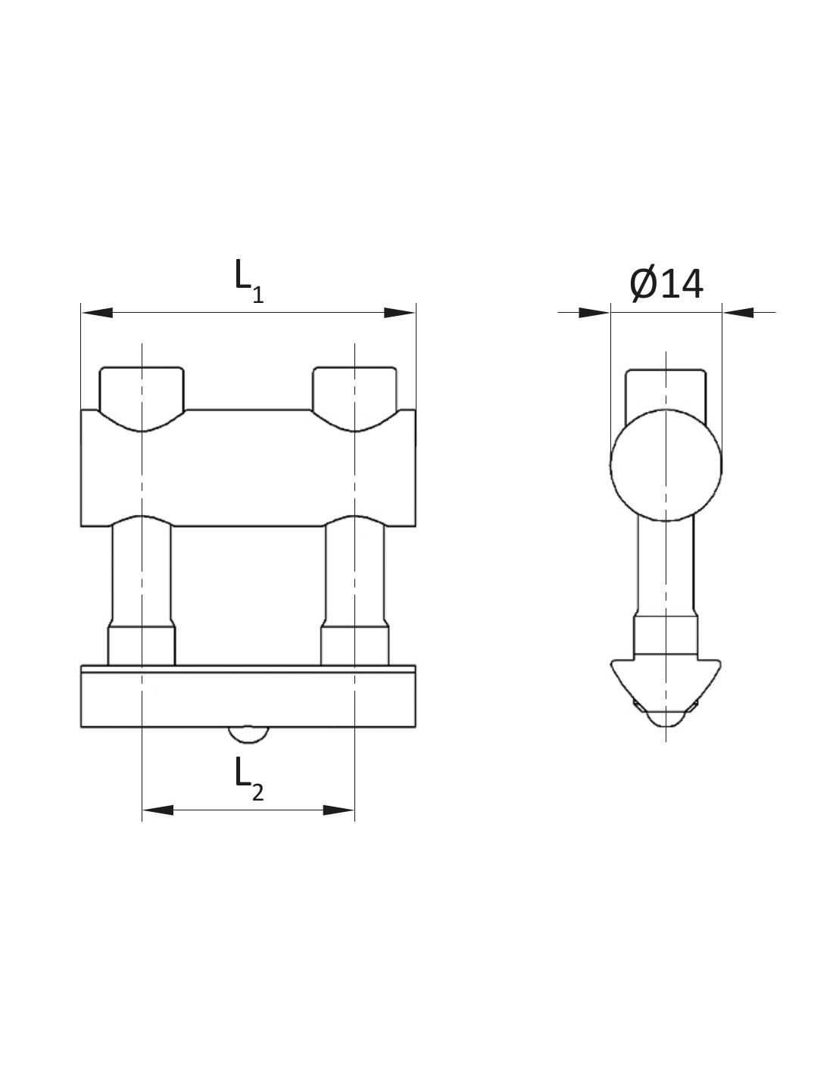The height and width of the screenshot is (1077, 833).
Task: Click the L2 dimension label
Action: (x=248, y=779)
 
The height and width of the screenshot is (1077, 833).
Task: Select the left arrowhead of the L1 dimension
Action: (x=98, y=313)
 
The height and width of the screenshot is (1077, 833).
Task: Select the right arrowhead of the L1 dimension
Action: (x=399, y=313)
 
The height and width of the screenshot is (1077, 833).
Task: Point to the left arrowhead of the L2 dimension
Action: (x=158, y=810)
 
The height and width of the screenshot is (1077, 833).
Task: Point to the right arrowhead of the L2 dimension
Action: (x=339, y=810)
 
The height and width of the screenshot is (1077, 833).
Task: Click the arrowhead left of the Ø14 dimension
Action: (x=594, y=313)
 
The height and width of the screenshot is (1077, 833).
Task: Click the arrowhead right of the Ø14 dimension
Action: (x=738, y=313)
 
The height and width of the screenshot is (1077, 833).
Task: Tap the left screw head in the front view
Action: (x=142, y=398)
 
